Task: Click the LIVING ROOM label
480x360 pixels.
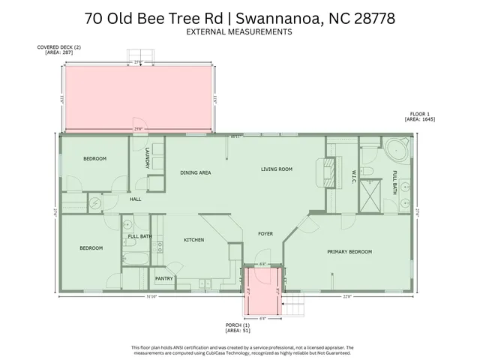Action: point(276,169)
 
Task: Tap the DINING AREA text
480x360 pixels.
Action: point(195,173)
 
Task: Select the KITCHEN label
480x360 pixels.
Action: point(194,240)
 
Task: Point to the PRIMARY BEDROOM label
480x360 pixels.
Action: point(349,252)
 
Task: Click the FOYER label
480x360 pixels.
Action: point(265,234)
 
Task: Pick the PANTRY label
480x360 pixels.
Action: point(163,279)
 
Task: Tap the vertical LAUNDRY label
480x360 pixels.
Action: point(148,159)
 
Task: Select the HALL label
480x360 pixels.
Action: point(135,199)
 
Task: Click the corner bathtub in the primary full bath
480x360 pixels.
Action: point(396,149)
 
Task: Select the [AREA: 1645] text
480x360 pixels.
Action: point(420,119)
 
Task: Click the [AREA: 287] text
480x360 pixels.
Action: point(53,52)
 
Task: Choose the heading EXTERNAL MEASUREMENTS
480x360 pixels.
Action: point(239,33)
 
